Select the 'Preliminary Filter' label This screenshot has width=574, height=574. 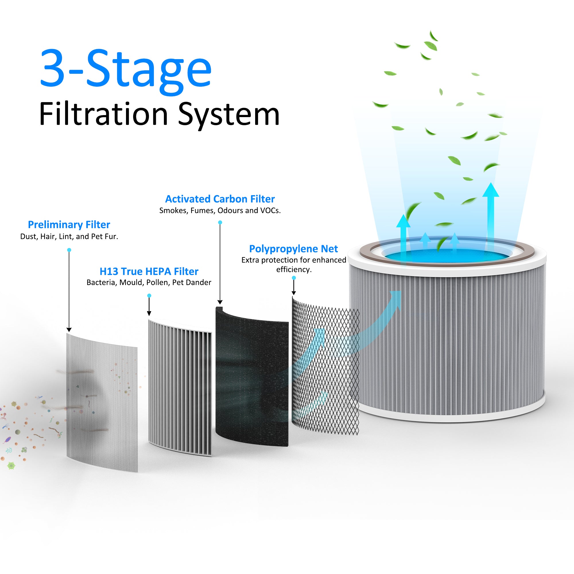point(69,225)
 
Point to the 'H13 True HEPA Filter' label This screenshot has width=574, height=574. point(149,271)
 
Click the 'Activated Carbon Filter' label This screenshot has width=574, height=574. point(220,199)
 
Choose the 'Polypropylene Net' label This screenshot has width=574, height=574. point(294,249)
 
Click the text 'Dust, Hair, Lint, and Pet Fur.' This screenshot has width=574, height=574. point(69,236)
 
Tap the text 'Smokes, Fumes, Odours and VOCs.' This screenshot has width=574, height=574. point(220,210)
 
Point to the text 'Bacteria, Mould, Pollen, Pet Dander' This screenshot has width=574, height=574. point(149,282)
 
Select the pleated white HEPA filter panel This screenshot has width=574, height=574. point(180,386)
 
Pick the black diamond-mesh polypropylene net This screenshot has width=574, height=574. point(325,369)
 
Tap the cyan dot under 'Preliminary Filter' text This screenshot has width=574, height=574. point(69,250)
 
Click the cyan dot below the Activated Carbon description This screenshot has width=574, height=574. point(220,222)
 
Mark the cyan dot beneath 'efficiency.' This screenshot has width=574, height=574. point(294,278)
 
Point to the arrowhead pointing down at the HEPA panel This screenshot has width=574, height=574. point(149,313)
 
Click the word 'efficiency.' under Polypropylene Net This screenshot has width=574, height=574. point(294,269)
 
